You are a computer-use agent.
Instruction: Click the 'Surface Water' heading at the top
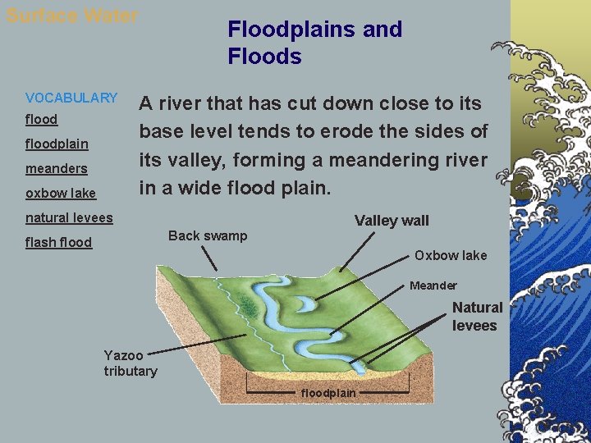tap(72, 16)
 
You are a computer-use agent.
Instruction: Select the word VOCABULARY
tap(71, 98)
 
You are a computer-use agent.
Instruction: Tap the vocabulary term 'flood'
tap(42, 119)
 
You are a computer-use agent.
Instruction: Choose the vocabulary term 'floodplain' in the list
tap(57, 144)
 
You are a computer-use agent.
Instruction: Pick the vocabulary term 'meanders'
tap(57, 168)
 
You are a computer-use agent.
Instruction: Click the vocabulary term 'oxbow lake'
tap(61, 193)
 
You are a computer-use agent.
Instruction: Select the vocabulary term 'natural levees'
tap(69, 217)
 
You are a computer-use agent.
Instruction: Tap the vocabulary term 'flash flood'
tap(58, 242)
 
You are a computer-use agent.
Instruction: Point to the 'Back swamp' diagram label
tap(207, 235)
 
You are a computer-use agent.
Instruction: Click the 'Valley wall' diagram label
tap(392, 220)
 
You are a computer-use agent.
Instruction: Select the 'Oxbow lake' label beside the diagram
tap(450, 255)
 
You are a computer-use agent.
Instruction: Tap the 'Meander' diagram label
tap(433, 285)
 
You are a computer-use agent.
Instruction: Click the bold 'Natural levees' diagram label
tap(477, 316)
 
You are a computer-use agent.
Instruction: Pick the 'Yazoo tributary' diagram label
tap(130, 363)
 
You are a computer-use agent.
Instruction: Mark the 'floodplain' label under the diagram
tap(328, 393)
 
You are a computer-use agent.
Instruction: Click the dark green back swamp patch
tap(245, 304)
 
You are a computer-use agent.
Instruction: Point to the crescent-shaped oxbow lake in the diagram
tap(301, 303)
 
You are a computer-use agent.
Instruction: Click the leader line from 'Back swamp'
tap(210, 258)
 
